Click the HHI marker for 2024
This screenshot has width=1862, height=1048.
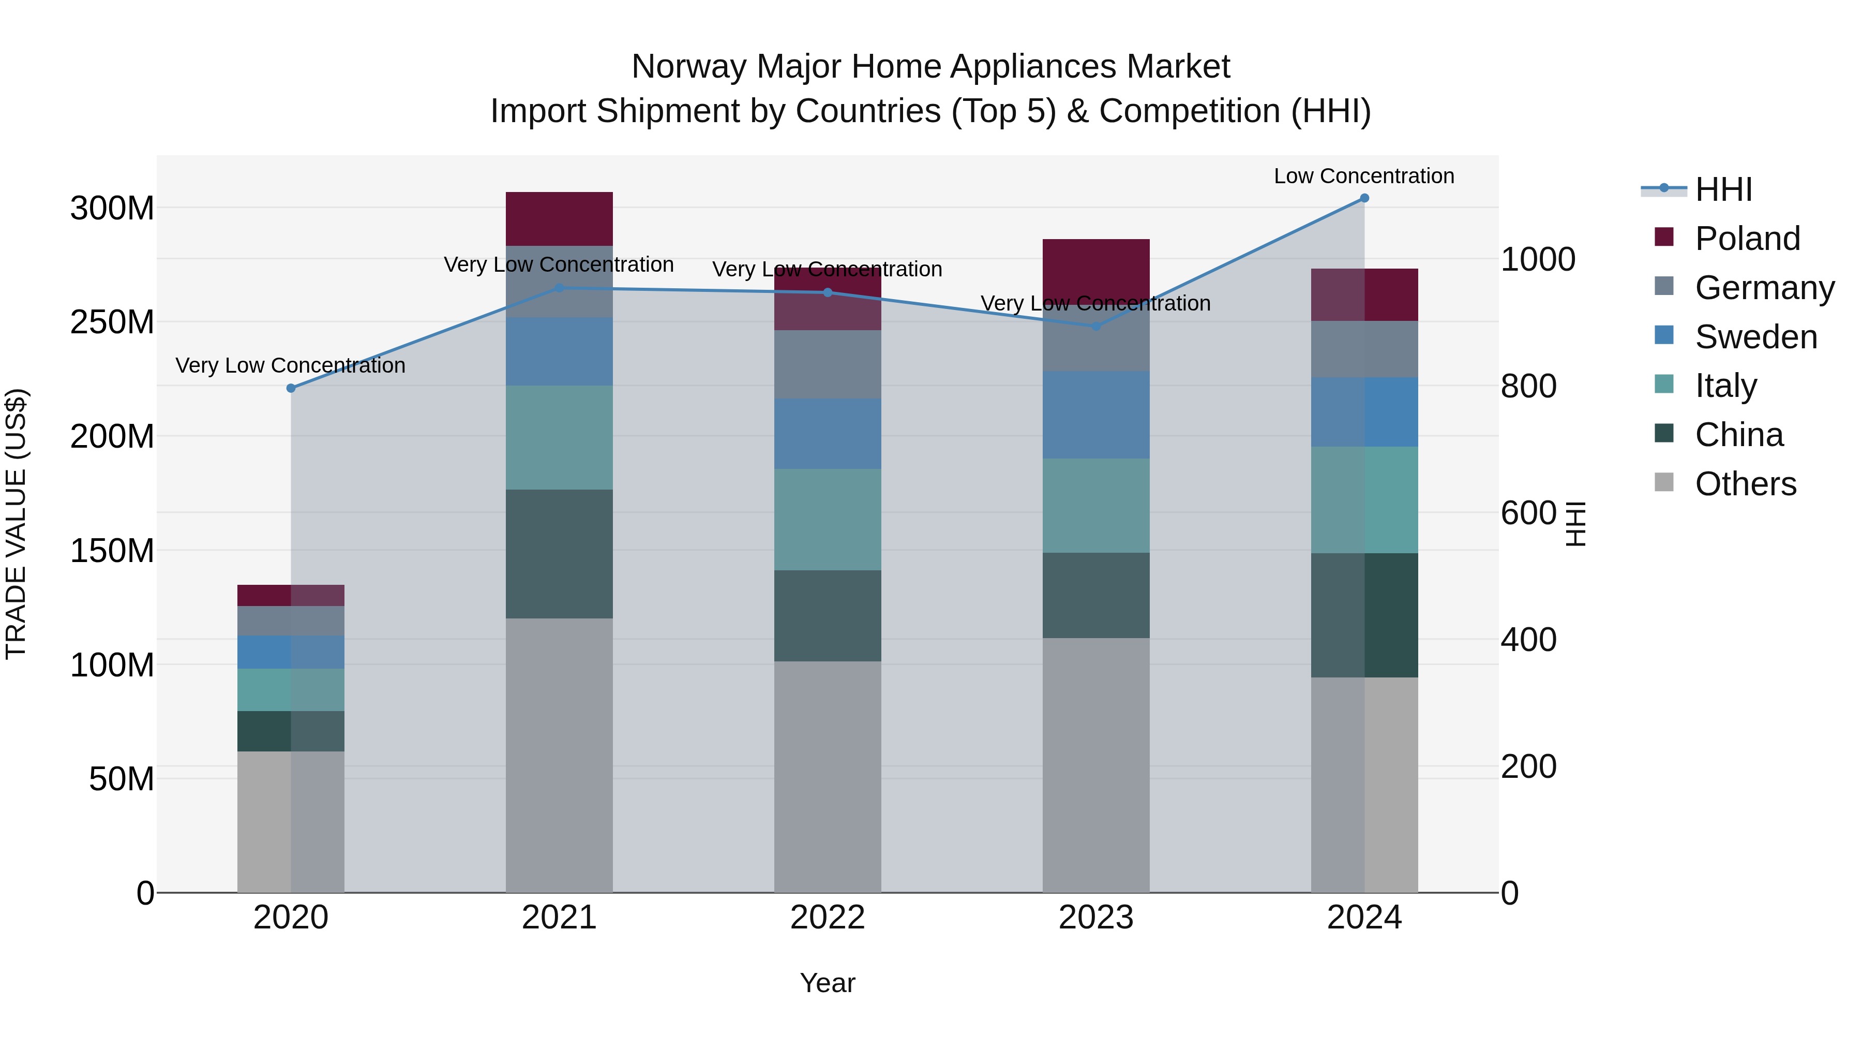click(x=1364, y=198)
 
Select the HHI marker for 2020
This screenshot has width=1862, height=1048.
click(x=291, y=388)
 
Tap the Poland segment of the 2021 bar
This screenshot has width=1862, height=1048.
click(x=559, y=219)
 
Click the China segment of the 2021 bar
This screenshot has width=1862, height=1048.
click(x=559, y=553)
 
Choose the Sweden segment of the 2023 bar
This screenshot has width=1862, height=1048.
click(x=1096, y=415)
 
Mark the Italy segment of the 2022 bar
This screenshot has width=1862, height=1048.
click(x=828, y=519)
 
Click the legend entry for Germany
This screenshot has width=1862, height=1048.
click(x=1764, y=288)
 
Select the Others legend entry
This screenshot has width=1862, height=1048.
click(x=1745, y=484)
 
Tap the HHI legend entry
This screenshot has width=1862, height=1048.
click(x=1723, y=189)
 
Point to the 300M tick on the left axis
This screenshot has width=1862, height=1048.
click(x=112, y=208)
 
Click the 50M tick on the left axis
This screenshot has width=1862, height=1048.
click(x=122, y=779)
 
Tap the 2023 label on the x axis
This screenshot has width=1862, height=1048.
click(x=1096, y=918)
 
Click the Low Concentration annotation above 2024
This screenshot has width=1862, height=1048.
click(x=1363, y=176)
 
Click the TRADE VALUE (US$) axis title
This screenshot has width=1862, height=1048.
click(x=16, y=524)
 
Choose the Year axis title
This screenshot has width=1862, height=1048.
click(x=827, y=983)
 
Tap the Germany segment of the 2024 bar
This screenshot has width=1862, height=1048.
click(x=1364, y=349)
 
